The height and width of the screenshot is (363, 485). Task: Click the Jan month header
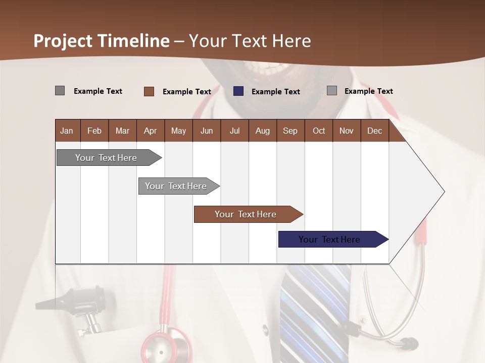tap(67, 131)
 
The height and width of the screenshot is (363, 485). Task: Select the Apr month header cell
tap(151, 131)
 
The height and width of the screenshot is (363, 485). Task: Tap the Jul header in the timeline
tap(234, 131)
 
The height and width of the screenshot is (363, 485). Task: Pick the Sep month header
tap(290, 131)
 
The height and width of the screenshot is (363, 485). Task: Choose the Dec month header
tap(374, 131)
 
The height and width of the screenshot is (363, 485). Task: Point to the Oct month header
tap(319, 131)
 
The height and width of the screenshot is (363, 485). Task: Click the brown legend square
tap(149, 91)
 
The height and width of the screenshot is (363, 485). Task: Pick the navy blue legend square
tap(238, 91)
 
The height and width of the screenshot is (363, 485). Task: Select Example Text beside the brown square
tap(187, 92)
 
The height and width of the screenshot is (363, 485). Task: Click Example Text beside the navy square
tap(276, 92)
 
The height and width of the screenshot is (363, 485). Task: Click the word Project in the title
tap(63, 41)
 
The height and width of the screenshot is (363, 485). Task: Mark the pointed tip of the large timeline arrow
tap(444, 192)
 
